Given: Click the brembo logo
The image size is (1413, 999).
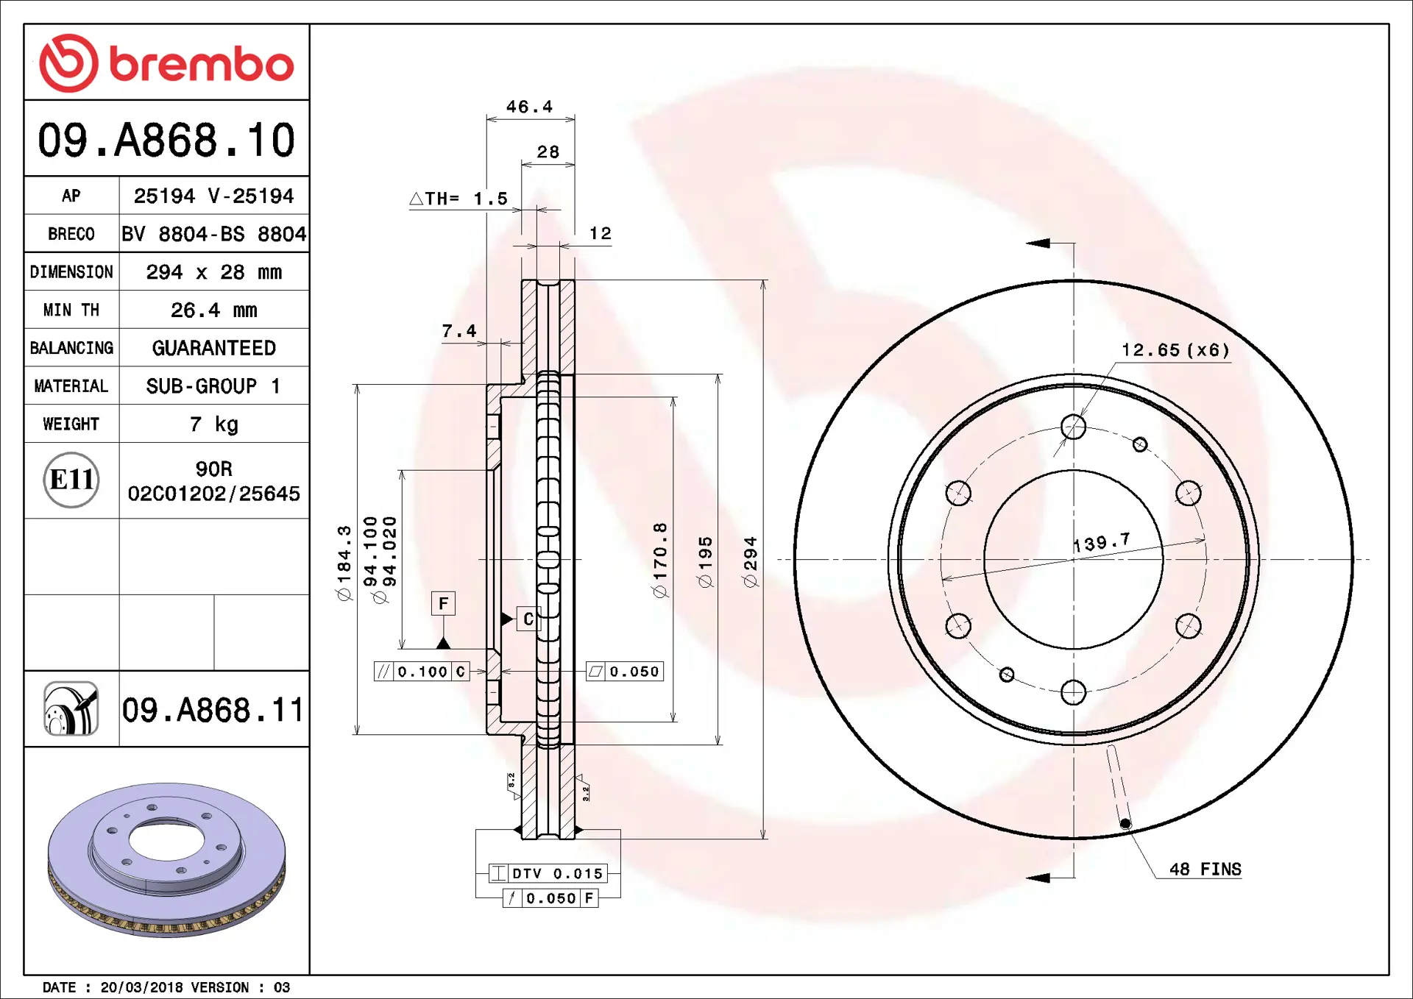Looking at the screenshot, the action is tap(166, 63).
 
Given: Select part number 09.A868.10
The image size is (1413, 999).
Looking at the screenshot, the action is tap(166, 140).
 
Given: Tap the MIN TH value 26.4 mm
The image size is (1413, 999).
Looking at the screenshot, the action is tap(213, 310).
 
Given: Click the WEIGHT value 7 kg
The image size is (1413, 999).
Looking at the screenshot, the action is tap(213, 424).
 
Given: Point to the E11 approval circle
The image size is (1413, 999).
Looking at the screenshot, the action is tap(71, 480).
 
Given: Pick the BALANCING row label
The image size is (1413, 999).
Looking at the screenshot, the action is tap(71, 348).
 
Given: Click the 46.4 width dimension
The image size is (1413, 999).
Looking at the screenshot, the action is tap(529, 107).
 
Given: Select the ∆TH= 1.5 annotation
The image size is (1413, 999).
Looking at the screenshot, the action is tap(458, 199).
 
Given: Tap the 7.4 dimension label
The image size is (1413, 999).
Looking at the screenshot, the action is tap(459, 331).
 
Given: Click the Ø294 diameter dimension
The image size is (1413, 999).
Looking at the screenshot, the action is tap(750, 562).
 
